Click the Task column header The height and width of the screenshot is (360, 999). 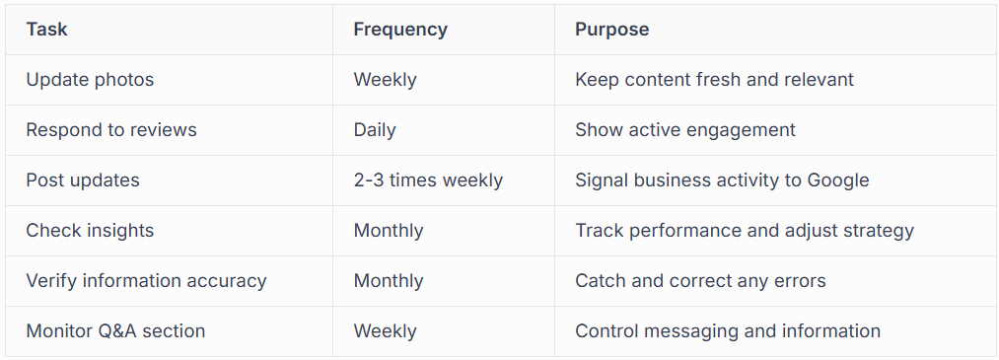(x=46, y=30)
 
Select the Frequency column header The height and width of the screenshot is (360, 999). (x=400, y=30)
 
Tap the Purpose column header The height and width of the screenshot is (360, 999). (x=611, y=30)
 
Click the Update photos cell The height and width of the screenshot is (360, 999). (x=90, y=80)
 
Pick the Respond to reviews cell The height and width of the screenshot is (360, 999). (x=111, y=130)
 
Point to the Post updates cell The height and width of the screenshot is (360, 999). (x=83, y=180)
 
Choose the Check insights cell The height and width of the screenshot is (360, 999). (x=90, y=231)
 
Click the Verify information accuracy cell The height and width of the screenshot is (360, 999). (x=146, y=281)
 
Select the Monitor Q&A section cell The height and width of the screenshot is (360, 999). (x=115, y=331)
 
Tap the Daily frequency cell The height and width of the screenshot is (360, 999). (x=375, y=130)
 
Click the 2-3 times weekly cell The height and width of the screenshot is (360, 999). (x=428, y=180)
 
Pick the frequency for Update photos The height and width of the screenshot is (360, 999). (x=385, y=80)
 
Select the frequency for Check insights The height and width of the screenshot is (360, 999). (x=389, y=231)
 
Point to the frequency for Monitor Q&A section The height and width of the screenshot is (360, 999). (x=385, y=331)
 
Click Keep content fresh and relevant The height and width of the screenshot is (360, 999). (x=714, y=80)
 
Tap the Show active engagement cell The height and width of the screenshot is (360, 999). (x=685, y=130)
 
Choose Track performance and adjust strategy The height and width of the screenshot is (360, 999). (x=745, y=231)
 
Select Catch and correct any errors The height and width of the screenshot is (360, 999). (x=700, y=281)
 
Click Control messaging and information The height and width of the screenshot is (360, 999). (x=728, y=331)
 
